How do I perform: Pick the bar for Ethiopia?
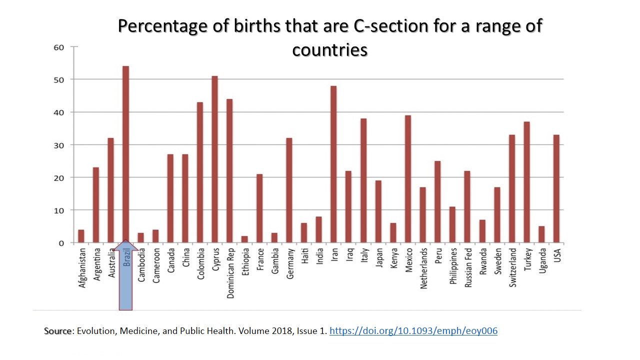(x=244, y=239)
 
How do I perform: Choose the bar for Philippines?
(x=452, y=224)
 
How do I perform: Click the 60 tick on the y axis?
(x=59, y=47)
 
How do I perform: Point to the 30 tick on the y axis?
(x=59, y=145)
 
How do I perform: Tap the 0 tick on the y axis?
(x=62, y=243)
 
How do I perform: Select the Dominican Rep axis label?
(x=230, y=273)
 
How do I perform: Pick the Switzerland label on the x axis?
(x=513, y=268)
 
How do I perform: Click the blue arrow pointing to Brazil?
(x=125, y=280)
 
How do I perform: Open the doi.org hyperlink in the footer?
(x=413, y=331)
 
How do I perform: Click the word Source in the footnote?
(x=57, y=331)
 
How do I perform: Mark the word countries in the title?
(x=330, y=50)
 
